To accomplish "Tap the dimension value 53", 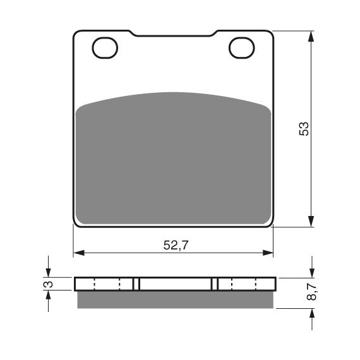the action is pos(304,129).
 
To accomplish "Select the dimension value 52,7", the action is pos(176,245).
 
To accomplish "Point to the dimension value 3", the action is pos(49,284).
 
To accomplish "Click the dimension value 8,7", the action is pos(311,292).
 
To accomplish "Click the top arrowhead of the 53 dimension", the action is pos(311,36).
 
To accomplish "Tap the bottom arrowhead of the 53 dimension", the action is pos(311,221).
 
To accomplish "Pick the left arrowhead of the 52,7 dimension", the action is pos(79,253).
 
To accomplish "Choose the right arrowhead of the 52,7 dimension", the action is pos(268,253).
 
